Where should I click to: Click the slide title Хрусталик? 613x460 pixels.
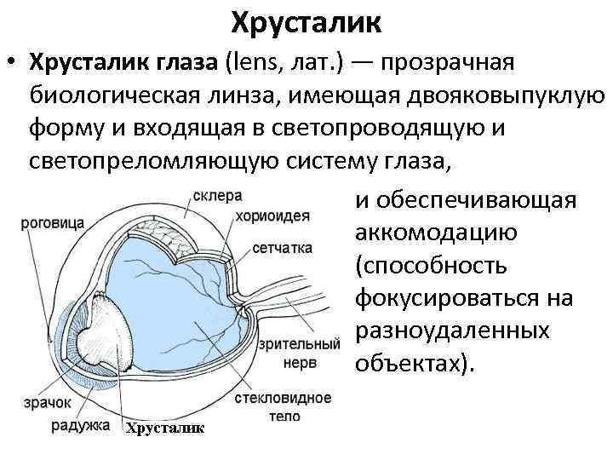306,20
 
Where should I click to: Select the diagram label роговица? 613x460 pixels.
53,222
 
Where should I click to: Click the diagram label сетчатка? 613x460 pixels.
282,249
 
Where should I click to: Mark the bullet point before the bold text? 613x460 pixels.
11,63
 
